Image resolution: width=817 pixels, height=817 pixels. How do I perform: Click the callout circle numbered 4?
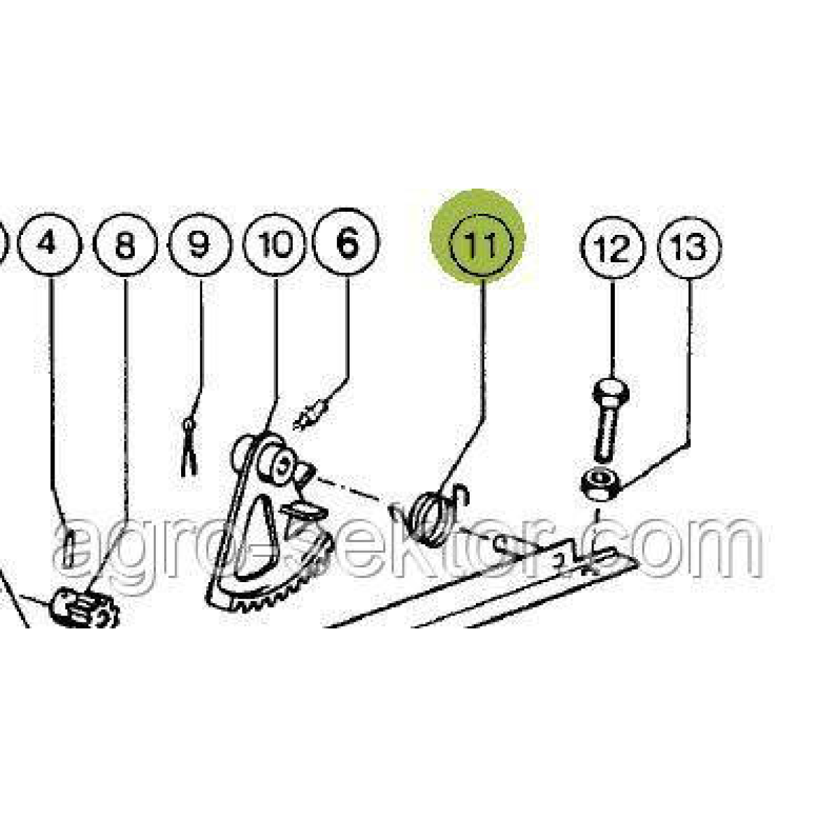pyautogui.click(x=50, y=244)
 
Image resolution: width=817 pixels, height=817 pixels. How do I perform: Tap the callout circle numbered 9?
pyautogui.click(x=200, y=244)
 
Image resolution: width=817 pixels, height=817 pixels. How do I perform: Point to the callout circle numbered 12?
pyautogui.click(x=612, y=249)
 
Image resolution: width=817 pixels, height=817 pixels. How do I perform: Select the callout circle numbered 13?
pyautogui.click(x=688, y=249)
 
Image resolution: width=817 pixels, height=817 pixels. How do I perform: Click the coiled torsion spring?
pyautogui.click(x=428, y=515)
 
